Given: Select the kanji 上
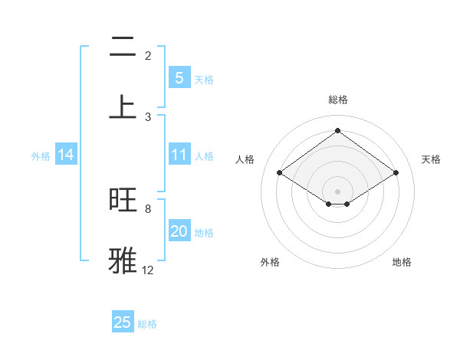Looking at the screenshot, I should point(123,107).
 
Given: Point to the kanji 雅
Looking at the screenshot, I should point(123,260).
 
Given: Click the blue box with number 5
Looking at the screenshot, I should point(179,78).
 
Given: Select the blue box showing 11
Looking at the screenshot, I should point(179,155).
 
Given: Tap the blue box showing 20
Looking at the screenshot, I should point(179,232).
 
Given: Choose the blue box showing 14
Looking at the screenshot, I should point(66,155).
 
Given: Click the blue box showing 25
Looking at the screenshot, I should point(123,322).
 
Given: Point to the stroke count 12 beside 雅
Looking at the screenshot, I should point(148,270).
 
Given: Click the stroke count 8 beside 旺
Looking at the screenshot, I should point(148,208).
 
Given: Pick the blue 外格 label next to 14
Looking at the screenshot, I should point(41,156).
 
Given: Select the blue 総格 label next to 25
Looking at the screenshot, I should point(147,324).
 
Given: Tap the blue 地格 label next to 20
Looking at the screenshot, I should point(204,233).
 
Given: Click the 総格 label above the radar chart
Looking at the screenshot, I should point(337,100).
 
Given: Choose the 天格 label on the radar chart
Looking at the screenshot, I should point(431,159).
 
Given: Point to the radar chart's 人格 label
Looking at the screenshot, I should point(245,159).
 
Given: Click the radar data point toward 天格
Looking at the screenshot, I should point(396,173).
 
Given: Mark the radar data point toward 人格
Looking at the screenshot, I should point(280,173).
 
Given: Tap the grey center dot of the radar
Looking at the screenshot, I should point(337,191).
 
